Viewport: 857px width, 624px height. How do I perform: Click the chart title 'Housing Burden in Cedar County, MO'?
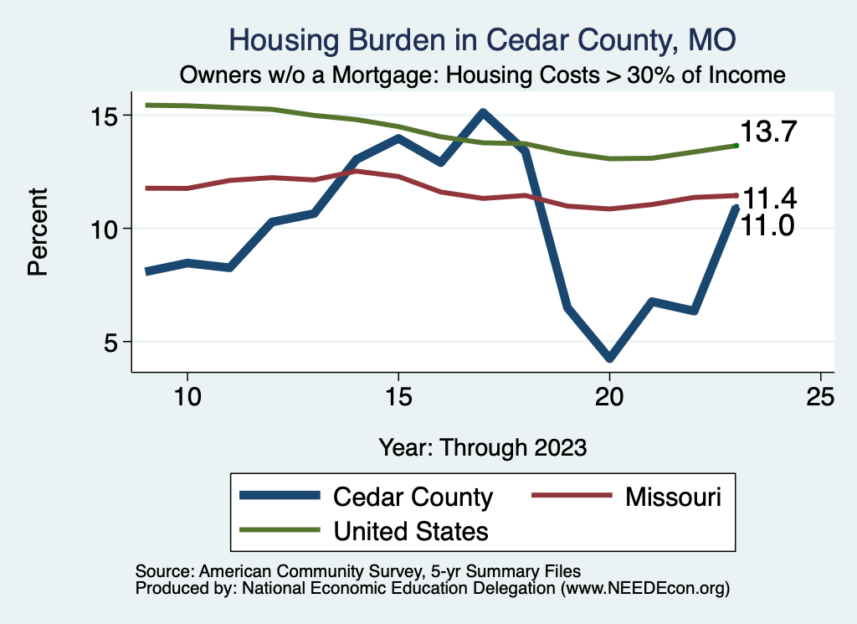tap(483, 40)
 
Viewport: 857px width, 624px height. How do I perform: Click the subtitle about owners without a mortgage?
tap(483, 75)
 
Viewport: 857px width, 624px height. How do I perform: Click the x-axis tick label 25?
tap(820, 396)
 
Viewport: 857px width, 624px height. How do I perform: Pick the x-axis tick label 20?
tap(609, 396)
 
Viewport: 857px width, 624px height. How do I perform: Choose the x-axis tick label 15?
tap(398, 396)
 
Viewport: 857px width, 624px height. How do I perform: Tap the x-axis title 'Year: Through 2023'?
tap(483, 446)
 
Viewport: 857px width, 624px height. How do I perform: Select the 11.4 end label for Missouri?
tap(768, 199)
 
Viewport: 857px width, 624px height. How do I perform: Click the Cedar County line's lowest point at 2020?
tap(609, 358)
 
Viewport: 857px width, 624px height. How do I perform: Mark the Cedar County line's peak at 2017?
tap(483, 112)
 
